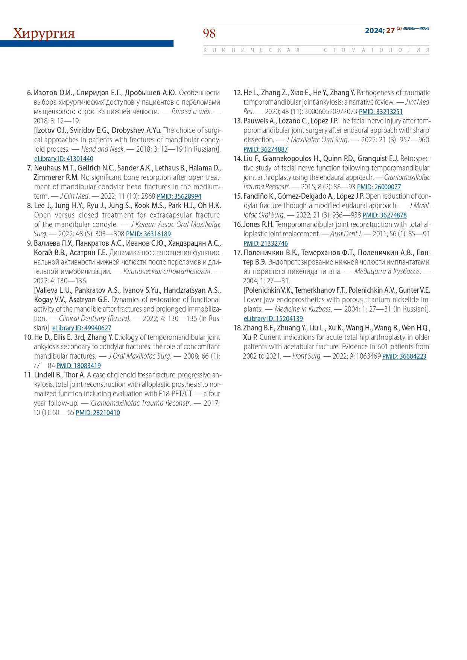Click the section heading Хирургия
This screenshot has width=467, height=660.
[44, 33]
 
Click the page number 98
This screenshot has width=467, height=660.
[209, 33]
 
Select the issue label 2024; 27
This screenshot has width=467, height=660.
[379, 30]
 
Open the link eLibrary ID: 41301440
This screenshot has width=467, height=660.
[64, 159]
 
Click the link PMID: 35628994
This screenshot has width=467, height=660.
[179, 196]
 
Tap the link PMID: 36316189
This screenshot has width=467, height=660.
[148, 234]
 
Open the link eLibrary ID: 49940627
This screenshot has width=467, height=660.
[82, 328]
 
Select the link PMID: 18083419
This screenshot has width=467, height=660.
[79, 366]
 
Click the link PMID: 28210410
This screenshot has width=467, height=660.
[98, 413]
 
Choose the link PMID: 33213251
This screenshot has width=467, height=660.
[381, 112]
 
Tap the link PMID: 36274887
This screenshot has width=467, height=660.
[265, 149]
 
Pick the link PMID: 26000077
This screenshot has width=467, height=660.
[379, 187]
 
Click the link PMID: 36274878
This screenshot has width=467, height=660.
[385, 215]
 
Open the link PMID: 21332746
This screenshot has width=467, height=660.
[265, 243]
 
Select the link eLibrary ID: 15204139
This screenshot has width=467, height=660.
[273, 319]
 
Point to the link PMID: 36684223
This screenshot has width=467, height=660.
[404, 356]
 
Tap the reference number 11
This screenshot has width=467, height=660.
[28, 375]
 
